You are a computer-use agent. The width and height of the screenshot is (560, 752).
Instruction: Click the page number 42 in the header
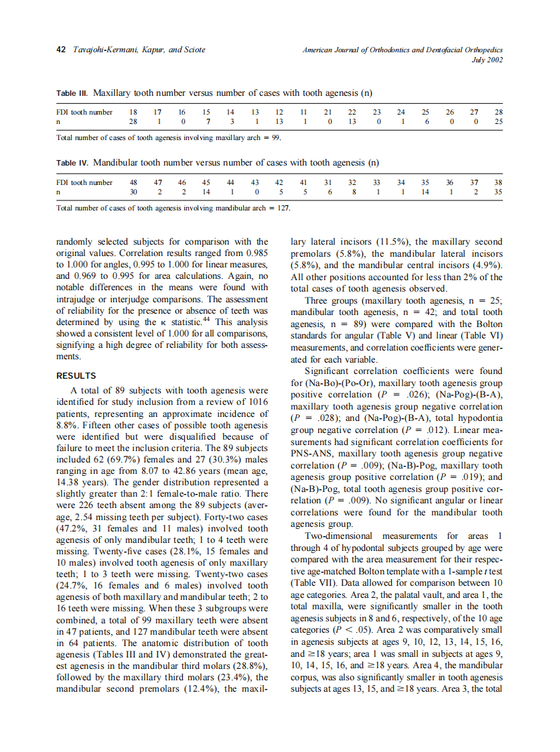click(60, 50)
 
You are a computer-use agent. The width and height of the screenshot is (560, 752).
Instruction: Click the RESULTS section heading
click(76, 376)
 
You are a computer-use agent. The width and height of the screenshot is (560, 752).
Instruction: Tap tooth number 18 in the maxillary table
click(133, 112)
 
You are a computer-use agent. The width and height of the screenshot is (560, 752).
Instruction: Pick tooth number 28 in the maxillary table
click(498, 112)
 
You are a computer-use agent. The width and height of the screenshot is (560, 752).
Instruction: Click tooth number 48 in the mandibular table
click(133, 182)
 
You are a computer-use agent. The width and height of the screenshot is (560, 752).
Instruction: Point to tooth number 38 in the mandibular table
click(498, 182)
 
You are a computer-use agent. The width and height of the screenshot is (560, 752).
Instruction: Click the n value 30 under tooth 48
click(133, 191)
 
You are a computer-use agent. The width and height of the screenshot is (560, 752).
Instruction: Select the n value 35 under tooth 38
click(498, 191)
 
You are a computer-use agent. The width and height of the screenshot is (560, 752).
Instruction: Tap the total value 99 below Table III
click(275, 137)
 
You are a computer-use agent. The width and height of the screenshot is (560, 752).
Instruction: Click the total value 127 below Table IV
click(284, 207)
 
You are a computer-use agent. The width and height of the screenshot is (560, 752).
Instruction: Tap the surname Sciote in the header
click(192, 50)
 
